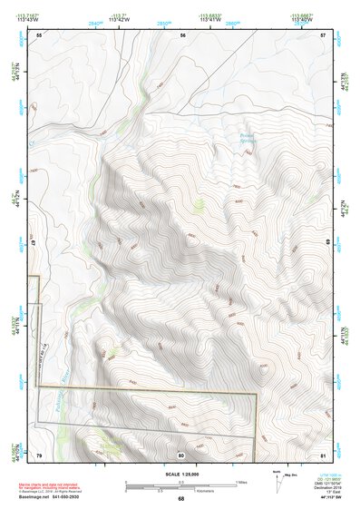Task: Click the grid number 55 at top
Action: coord(39,34)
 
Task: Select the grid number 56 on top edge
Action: coord(182,34)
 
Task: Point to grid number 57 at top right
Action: coord(323,34)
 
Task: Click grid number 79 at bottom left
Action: coord(39,454)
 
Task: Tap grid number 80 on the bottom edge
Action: coord(180,454)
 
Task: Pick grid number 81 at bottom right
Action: coord(323,454)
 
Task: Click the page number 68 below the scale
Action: coord(180,499)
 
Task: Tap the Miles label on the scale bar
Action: coord(242,482)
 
